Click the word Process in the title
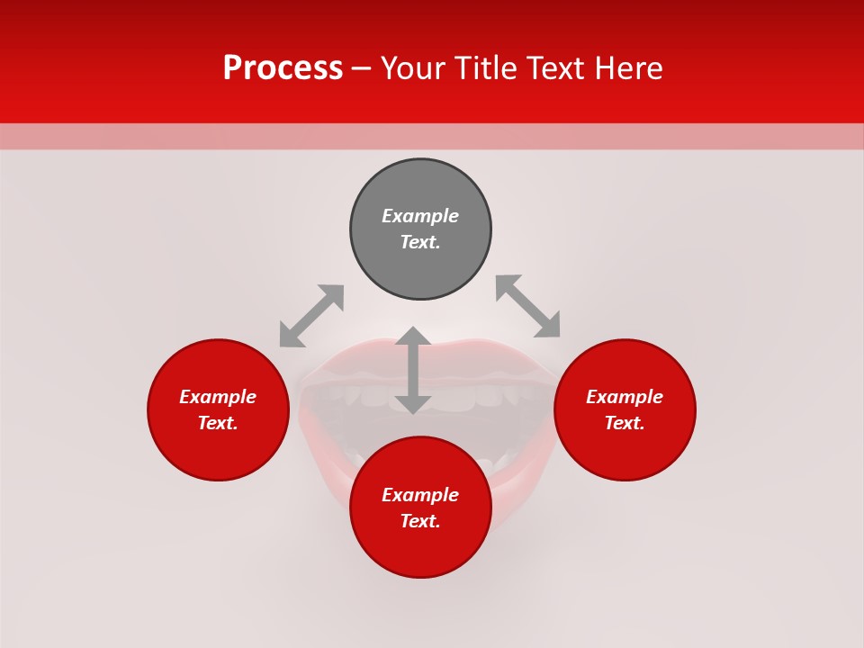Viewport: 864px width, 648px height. click(283, 68)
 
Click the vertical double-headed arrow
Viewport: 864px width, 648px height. click(413, 370)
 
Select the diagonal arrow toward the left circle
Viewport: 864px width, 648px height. click(311, 316)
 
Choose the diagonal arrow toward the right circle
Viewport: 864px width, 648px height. click(527, 306)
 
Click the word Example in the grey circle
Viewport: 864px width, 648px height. click(420, 216)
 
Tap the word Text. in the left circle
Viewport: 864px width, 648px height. click(218, 423)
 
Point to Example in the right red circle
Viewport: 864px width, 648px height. click(625, 397)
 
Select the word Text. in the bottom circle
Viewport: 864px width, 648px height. click(420, 521)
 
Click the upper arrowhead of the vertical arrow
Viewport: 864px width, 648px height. click(413, 337)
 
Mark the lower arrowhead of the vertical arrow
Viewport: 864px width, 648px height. click(413, 404)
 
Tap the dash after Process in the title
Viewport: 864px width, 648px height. click(362, 69)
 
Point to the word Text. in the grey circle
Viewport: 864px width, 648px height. click(420, 242)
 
